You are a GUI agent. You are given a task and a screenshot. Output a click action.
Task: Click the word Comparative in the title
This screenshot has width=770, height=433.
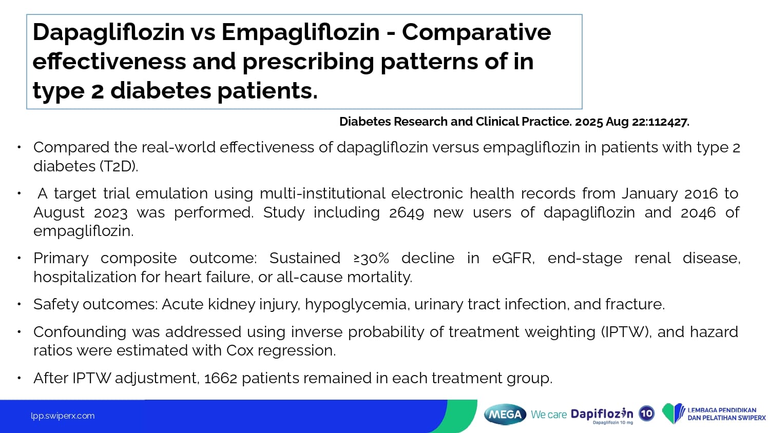[476, 32]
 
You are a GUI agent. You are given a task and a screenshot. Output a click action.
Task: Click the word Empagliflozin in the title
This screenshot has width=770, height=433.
[300, 32]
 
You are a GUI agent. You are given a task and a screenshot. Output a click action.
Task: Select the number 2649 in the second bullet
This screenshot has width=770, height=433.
[407, 212]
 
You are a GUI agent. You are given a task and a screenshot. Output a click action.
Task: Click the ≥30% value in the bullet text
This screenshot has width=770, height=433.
[371, 258]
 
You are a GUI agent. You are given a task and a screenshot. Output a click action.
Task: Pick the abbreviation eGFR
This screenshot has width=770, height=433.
[513, 258]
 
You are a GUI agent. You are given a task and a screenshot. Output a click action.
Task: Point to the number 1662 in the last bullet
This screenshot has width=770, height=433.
[221, 378]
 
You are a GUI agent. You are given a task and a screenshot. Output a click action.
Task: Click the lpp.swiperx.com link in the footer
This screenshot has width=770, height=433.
[63, 416]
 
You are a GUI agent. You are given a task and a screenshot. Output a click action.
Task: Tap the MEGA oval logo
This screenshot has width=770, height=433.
[505, 415]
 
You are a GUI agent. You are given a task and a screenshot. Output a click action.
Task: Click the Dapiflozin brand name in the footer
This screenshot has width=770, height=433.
[602, 414]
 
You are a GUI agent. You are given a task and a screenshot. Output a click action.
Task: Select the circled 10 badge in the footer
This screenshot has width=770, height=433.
[647, 413]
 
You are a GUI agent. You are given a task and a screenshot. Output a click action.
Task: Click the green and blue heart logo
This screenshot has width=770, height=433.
[673, 414]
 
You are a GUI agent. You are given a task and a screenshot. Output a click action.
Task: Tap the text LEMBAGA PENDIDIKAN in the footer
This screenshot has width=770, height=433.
[722, 410]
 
